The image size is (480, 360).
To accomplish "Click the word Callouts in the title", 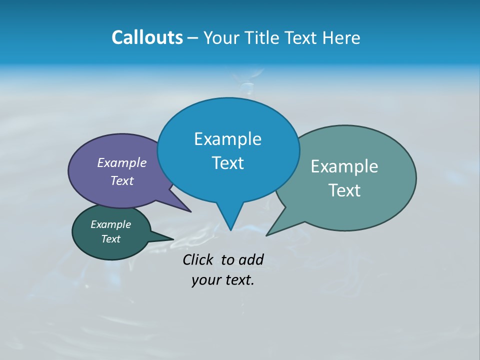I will (x=147, y=37).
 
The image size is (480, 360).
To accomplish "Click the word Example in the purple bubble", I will (x=122, y=162).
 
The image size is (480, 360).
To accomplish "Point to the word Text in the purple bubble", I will (x=122, y=180).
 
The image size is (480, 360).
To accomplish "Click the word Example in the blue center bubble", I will (x=227, y=139).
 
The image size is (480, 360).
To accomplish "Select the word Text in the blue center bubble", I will (x=227, y=163).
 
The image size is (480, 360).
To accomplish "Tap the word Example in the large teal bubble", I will (x=344, y=166).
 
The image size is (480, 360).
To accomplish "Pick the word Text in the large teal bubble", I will (x=344, y=190).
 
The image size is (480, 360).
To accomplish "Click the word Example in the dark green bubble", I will (x=110, y=224).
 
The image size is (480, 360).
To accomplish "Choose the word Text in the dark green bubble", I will (x=110, y=239).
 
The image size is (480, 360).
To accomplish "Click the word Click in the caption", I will (x=198, y=259).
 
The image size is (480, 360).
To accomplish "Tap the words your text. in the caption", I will (x=223, y=280).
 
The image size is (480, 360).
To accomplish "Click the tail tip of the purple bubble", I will (x=190, y=211).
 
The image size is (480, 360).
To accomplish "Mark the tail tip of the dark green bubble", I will (x=173, y=239).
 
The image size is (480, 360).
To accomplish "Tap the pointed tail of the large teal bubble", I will (x=267, y=235).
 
